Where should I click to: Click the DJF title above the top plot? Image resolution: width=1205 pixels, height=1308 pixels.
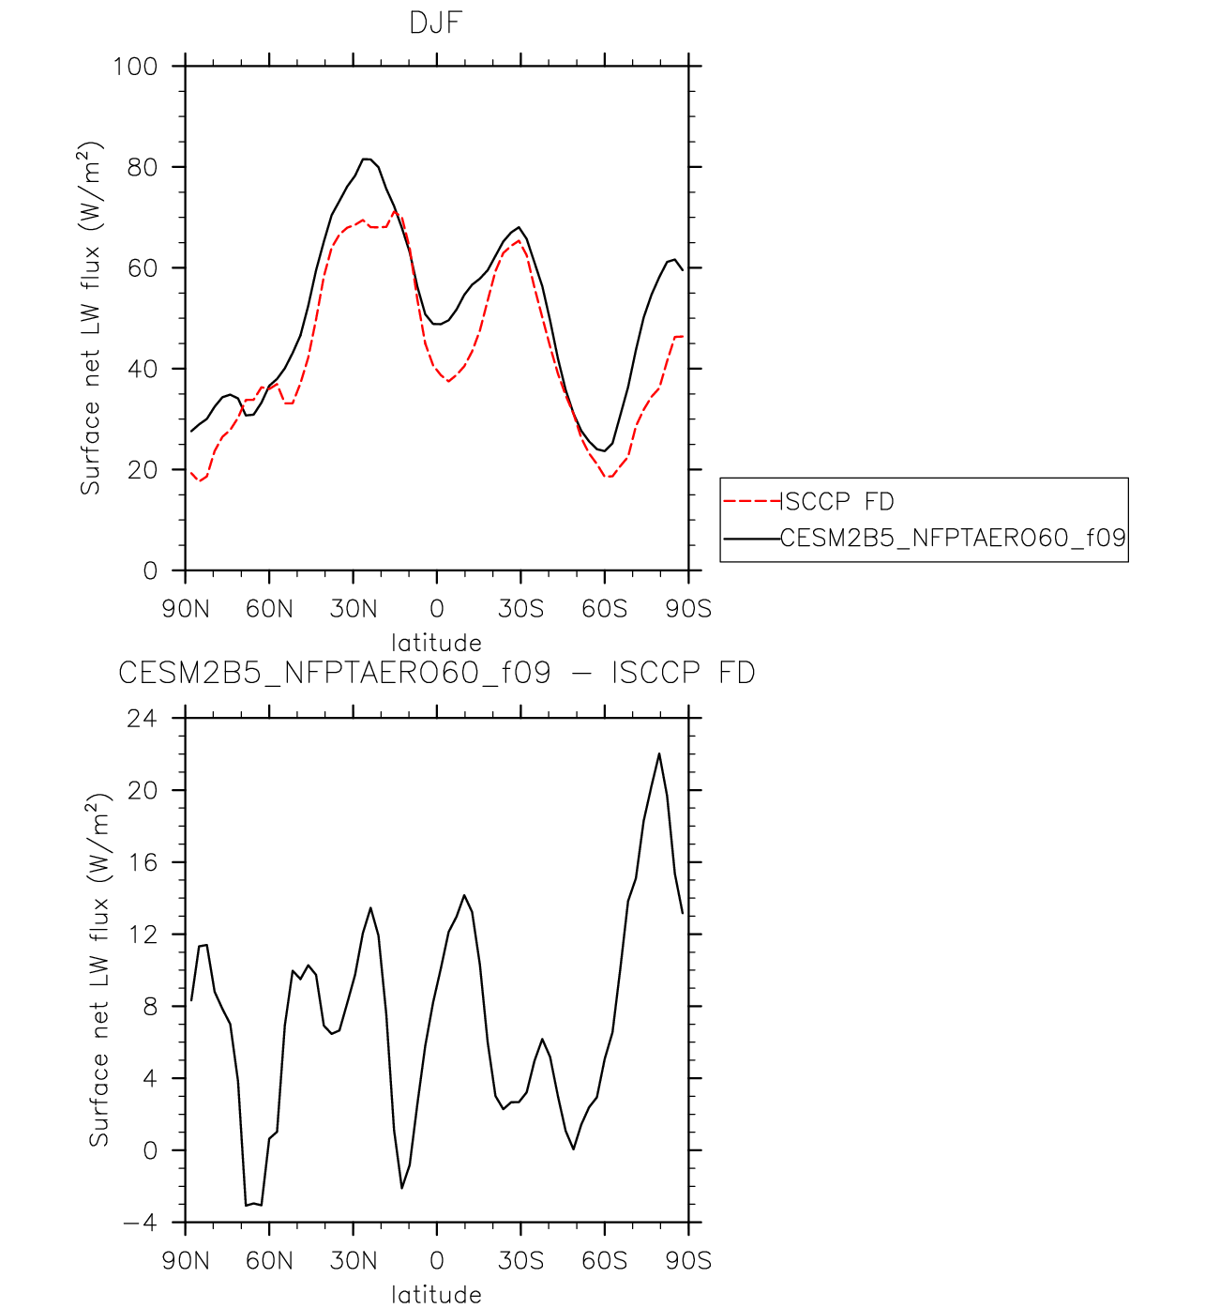(436, 23)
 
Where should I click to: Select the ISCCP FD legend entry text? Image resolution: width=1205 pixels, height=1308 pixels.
(836, 502)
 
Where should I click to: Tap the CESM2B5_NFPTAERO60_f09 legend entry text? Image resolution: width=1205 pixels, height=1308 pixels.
(953, 538)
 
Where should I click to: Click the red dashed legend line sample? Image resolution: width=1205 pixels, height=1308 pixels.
(752, 501)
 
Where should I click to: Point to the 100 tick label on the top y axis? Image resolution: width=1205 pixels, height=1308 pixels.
(136, 67)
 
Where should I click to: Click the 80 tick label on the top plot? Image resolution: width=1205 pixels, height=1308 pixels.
(143, 167)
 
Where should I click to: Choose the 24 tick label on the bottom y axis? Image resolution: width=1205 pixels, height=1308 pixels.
(143, 718)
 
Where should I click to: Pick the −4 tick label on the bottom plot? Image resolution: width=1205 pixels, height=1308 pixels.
(140, 1223)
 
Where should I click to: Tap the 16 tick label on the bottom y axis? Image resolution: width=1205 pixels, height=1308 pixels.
(143, 862)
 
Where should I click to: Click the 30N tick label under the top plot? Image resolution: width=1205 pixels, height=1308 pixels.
(354, 609)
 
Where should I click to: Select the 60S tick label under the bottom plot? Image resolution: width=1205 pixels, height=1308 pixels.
(605, 1260)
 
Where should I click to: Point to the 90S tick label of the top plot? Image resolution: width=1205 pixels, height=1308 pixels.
(688, 609)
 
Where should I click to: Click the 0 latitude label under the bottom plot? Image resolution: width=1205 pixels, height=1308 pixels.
(437, 1260)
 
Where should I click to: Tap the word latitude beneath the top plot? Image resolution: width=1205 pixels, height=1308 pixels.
(437, 642)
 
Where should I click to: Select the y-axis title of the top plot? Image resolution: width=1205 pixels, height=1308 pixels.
(91, 318)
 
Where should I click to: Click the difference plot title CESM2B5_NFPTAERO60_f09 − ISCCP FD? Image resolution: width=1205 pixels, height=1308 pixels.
(437, 673)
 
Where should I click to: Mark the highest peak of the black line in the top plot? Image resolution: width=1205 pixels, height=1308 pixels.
(366, 159)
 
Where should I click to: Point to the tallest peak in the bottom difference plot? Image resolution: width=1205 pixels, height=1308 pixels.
(658, 753)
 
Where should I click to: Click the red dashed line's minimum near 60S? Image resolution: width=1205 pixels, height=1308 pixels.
(610, 476)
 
